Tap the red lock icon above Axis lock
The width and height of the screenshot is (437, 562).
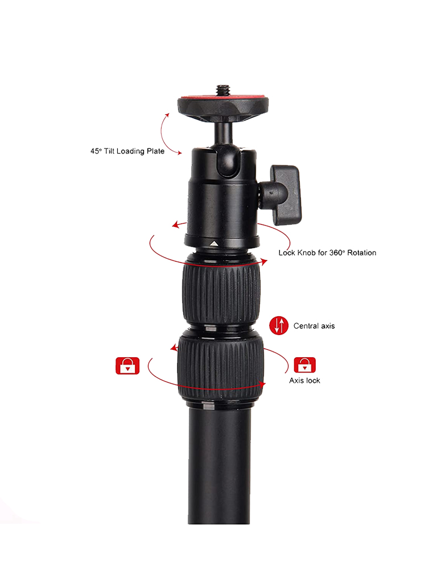304,365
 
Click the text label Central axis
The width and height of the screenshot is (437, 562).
314,327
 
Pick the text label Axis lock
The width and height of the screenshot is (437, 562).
304,381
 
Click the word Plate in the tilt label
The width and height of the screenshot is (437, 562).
154,151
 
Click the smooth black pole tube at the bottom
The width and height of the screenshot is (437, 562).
219,466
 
